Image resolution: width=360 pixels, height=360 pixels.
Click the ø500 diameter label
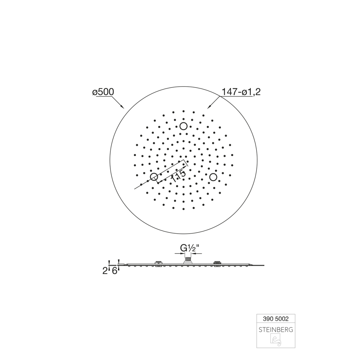point(103,92)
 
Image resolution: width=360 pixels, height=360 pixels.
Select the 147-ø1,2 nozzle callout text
point(241,92)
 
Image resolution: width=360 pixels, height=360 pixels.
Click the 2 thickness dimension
point(105,271)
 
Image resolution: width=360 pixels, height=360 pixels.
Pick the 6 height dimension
point(115,271)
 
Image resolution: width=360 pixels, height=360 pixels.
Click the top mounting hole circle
point(183,126)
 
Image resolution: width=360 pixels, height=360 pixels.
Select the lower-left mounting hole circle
point(154,177)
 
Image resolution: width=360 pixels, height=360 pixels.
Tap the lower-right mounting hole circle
point(213,177)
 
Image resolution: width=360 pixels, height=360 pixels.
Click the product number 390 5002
point(275,319)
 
